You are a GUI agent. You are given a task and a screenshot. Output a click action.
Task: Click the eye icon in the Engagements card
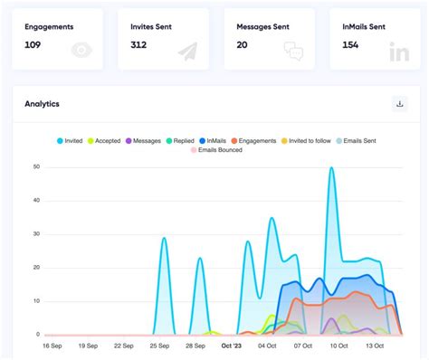coord(82,51)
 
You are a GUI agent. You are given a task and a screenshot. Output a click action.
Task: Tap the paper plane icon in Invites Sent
coord(188,52)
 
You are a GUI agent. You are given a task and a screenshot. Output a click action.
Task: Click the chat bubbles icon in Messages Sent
coord(293,52)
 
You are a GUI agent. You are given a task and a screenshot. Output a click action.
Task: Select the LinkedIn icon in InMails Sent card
coord(398,52)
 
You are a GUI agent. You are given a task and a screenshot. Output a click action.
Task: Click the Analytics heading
coord(43,104)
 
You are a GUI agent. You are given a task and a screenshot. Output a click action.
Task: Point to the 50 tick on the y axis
coord(35,167)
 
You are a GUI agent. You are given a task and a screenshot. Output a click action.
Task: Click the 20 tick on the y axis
coord(35,268)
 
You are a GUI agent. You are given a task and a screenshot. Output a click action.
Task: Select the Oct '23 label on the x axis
coord(232,346)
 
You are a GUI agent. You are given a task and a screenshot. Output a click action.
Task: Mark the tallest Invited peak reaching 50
coord(331,168)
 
